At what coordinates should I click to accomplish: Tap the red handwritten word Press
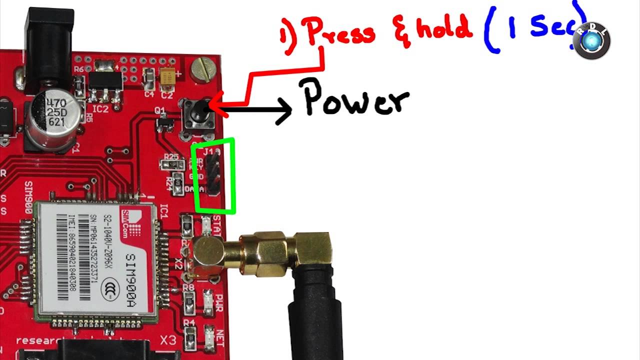(340, 33)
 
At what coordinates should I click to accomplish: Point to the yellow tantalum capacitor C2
(167, 77)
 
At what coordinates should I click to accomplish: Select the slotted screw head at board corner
(204, 68)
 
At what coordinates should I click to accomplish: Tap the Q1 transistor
(165, 121)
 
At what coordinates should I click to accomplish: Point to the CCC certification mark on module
(110, 289)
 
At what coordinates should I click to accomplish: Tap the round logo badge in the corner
(591, 41)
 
